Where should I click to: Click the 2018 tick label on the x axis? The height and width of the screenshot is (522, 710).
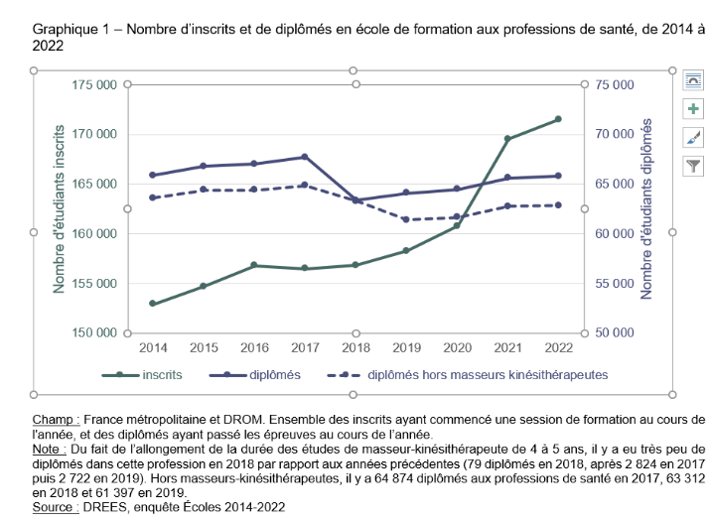[x=355, y=347]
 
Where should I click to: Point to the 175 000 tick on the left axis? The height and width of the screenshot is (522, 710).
[x=97, y=85]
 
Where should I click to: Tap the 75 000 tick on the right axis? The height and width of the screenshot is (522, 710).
[x=616, y=85]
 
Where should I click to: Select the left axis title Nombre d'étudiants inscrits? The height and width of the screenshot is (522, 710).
[x=60, y=208]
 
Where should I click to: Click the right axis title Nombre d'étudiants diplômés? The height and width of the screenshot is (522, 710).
[x=646, y=208]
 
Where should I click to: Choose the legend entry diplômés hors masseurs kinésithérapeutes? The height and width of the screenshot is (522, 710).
[x=488, y=375]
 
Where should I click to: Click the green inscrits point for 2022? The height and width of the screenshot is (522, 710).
[x=558, y=119]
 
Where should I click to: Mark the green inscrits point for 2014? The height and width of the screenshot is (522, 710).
[x=153, y=304]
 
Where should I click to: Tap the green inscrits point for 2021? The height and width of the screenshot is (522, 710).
[x=507, y=139]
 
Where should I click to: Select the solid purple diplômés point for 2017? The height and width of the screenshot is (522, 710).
[x=305, y=157]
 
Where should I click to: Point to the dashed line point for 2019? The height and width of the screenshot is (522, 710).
[x=406, y=219]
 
